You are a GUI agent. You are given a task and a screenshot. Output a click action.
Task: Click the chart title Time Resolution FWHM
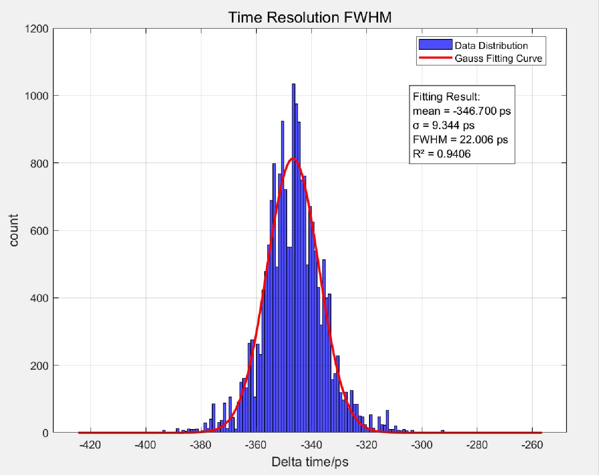point(310,17)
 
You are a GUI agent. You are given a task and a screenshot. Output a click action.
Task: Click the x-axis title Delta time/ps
point(310,462)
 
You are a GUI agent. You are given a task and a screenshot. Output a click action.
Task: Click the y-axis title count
point(14,230)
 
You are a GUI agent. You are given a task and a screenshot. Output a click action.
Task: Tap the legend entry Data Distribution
point(491,45)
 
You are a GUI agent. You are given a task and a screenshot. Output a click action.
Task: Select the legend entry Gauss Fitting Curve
point(498,58)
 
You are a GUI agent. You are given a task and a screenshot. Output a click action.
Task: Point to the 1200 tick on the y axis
point(37,29)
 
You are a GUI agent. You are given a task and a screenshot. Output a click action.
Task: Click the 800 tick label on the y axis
point(39,163)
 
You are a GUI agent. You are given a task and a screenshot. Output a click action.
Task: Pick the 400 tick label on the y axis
point(39,298)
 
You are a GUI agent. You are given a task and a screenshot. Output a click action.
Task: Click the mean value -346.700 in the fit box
point(475,111)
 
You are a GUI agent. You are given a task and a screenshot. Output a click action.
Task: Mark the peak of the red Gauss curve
point(294,158)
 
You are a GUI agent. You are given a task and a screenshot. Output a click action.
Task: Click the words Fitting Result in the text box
point(446,97)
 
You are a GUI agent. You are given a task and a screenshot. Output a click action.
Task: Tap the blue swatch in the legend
point(435,44)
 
